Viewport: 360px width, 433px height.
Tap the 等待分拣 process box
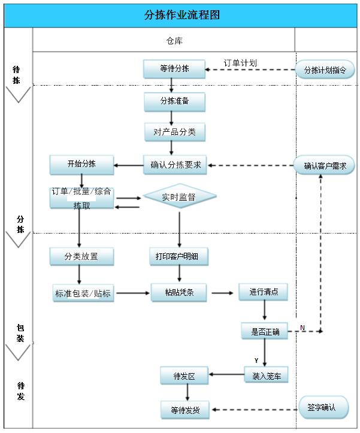(x=174, y=69)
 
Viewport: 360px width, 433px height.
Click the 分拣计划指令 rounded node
(x=325, y=69)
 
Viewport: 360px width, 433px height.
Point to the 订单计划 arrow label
(x=240, y=63)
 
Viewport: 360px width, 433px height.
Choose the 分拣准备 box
(x=174, y=101)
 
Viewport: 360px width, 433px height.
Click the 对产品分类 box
(x=174, y=132)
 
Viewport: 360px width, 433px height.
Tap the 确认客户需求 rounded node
(x=325, y=166)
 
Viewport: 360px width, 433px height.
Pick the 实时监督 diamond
(x=179, y=196)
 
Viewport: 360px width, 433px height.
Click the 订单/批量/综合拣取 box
(x=81, y=198)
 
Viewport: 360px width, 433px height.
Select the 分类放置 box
(x=81, y=257)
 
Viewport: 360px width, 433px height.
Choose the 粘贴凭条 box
(x=179, y=293)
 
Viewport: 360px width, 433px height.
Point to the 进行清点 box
(x=263, y=292)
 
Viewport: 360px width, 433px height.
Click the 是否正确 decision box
(x=264, y=331)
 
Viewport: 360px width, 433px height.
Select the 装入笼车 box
(x=266, y=376)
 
